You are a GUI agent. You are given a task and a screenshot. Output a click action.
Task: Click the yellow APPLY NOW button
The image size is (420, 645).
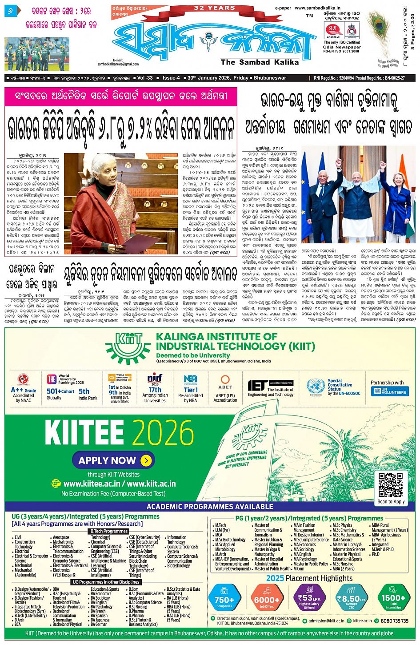113,460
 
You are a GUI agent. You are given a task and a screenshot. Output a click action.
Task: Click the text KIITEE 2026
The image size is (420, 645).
119,433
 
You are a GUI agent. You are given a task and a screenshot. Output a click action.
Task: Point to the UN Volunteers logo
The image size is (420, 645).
390,391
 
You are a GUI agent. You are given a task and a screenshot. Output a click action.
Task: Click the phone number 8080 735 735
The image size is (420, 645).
394,621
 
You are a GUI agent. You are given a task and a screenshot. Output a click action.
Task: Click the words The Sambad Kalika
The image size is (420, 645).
260,62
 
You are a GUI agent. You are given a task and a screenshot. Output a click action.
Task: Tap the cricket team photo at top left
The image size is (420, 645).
37,48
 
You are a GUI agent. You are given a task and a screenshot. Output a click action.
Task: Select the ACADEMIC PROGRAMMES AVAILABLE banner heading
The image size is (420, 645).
210,506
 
